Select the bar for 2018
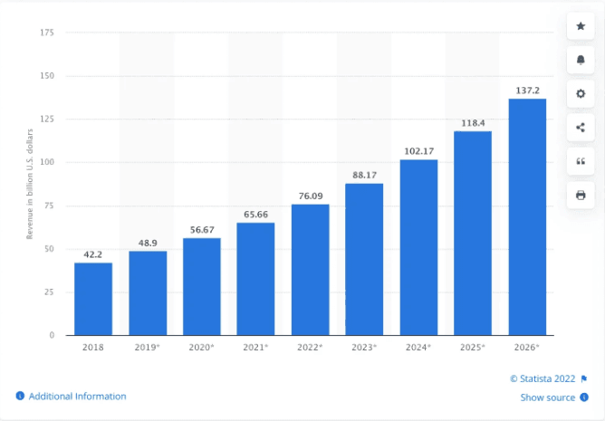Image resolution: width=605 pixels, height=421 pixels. coord(93,299)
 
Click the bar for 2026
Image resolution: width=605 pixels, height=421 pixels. coord(527,217)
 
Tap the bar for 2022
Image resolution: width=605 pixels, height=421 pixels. coord(310,270)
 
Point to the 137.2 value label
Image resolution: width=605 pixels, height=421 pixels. coord(527,91)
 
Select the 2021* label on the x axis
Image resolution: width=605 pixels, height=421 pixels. coord(256,347)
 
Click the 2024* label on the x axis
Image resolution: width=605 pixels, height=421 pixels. coord(419,347)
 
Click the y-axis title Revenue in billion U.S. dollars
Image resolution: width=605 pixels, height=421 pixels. coord(29,185)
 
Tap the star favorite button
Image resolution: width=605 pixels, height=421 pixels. coord(581,27)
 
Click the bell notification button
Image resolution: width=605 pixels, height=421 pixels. coord(581,61)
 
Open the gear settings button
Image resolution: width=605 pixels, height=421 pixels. coord(581,94)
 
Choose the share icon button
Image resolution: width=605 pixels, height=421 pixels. coord(581,128)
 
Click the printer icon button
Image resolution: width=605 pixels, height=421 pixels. coord(581,195)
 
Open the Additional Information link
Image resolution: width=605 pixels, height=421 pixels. coord(77,397)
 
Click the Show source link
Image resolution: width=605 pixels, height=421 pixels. coord(547,397)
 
